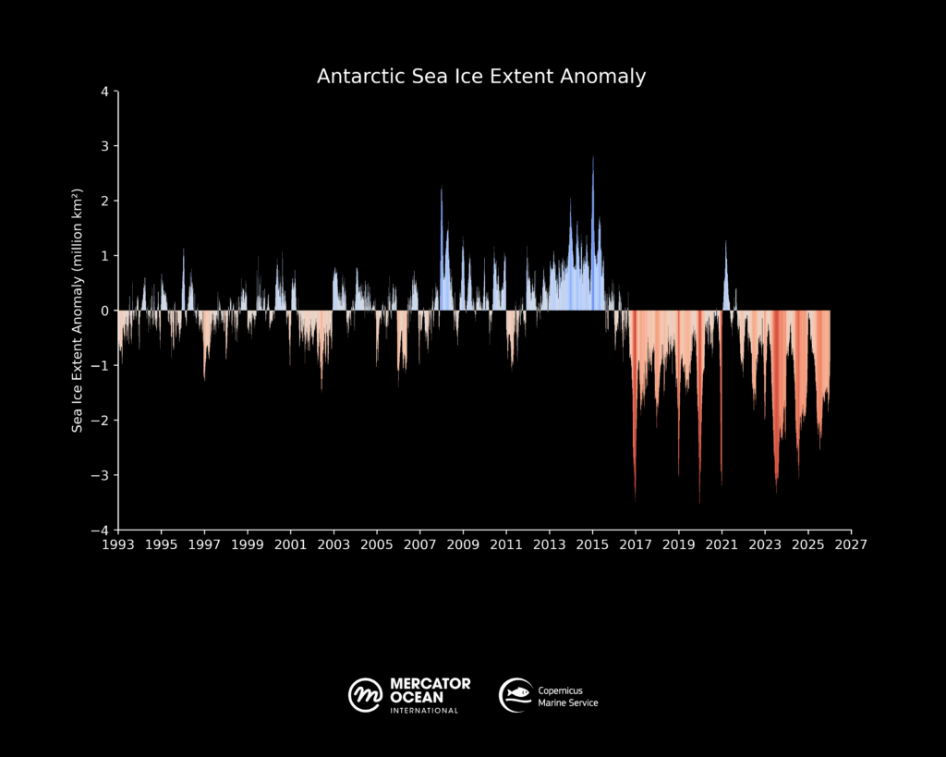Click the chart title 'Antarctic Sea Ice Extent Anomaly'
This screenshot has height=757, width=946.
click(x=481, y=76)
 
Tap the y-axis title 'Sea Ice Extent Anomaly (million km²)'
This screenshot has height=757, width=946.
click(x=79, y=311)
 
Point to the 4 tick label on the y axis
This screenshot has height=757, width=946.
click(x=105, y=92)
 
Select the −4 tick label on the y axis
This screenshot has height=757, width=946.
click(x=102, y=531)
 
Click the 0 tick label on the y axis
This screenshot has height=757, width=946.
click(x=105, y=311)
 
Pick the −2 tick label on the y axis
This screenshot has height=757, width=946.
click(x=102, y=421)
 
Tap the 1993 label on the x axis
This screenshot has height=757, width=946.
click(x=118, y=545)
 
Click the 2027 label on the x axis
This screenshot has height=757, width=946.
click(x=851, y=545)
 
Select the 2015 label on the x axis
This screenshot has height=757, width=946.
click(x=592, y=545)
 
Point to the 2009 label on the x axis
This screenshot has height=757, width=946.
click(x=463, y=545)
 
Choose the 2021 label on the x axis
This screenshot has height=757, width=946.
click(x=722, y=545)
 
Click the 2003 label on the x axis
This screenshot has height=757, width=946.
click(x=334, y=545)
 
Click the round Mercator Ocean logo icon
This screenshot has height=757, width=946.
click(x=366, y=694)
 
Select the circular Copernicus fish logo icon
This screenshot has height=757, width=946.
click(x=515, y=694)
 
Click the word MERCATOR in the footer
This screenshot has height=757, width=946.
click(x=430, y=684)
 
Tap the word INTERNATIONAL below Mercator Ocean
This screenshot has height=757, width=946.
click(x=424, y=711)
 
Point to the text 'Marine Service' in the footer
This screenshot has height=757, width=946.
click(x=568, y=703)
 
